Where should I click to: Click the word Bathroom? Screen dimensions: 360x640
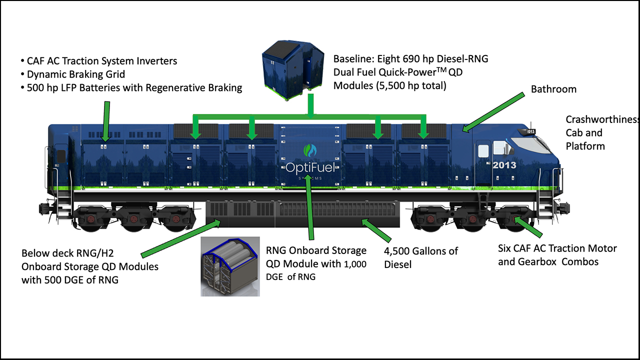click(553, 89)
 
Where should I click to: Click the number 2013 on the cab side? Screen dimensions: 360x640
click(503, 165)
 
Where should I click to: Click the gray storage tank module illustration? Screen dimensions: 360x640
click(230, 266)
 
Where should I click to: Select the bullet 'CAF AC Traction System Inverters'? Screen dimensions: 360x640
click(98, 61)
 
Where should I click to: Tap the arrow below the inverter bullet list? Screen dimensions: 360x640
click(105, 120)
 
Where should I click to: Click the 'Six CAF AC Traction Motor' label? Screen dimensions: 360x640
click(557, 248)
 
